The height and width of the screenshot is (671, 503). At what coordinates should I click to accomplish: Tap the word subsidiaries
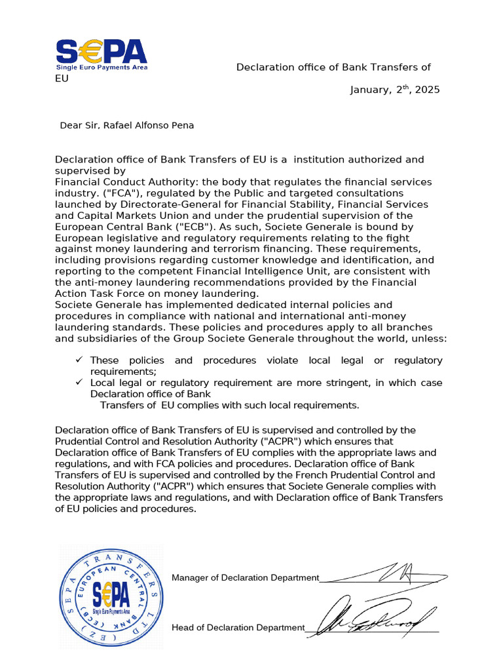pyautogui.click(x=86, y=339)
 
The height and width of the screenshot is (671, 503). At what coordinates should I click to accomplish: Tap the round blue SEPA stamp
pyautogui.click(x=110, y=596)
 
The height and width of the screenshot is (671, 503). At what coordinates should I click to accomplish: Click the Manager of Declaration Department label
pyautogui.click(x=245, y=577)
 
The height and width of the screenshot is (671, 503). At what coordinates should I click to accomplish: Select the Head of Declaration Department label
pyautogui.click(x=238, y=628)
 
